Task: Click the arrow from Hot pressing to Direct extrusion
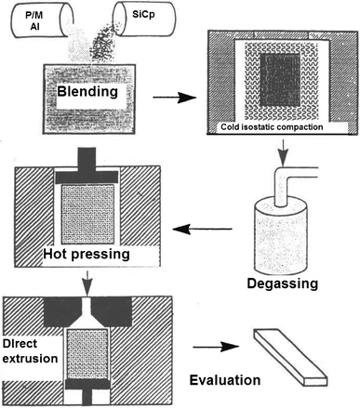click(86, 275)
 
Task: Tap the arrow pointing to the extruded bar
click(216, 351)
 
